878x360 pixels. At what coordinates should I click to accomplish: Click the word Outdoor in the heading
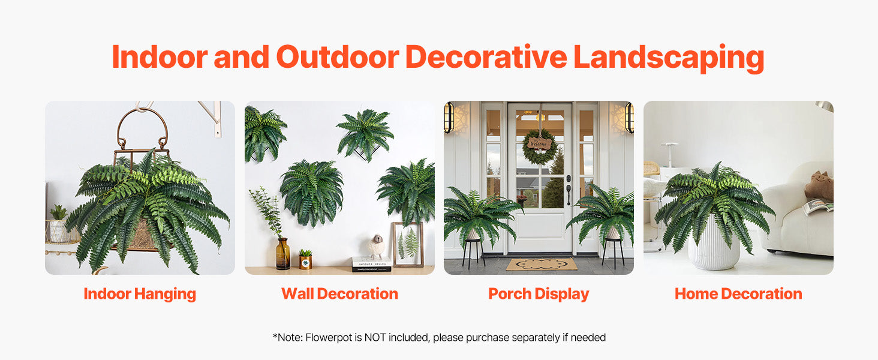pyautogui.click(x=338, y=57)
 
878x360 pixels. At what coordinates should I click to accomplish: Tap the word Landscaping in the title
pyautogui.click(x=669, y=59)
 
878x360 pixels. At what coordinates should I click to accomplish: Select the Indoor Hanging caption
pyautogui.click(x=140, y=294)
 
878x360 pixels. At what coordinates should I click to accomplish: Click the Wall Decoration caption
pyautogui.click(x=340, y=294)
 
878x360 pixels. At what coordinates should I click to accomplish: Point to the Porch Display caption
pyautogui.click(x=539, y=294)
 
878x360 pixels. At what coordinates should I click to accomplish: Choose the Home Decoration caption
pyautogui.click(x=738, y=294)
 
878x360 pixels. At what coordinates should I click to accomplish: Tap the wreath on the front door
pyautogui.click(x=539, y=146)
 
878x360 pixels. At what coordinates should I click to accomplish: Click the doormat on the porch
pyautogui.click(x=542, y=264)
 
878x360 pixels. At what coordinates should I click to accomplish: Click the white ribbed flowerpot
pyautogui.click(x=714, y=248)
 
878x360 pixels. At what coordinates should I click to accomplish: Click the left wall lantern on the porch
pyautogui.click(x=449, y=117)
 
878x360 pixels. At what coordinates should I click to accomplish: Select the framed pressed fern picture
pyautogui.click(x=408, y=244)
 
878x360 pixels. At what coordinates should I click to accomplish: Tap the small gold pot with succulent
pyautogui.click(x=305, y=260)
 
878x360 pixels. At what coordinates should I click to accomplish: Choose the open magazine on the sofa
pyautogui.click(x=818, y=206)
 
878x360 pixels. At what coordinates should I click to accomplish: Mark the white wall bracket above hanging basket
pyautogui.click(x=212, y=117)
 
